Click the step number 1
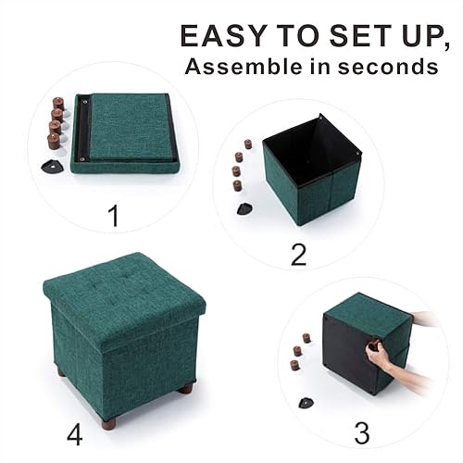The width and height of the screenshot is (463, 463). tap(114, 217)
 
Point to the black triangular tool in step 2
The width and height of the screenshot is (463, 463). tap(245, 208)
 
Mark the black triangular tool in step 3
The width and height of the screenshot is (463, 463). tap(307, 403)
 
